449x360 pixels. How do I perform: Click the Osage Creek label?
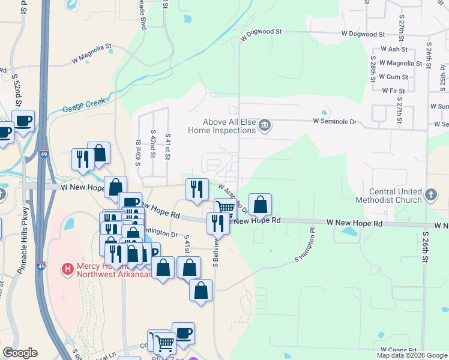(x=84, y=106)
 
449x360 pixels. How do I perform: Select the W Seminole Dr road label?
(x=334, y=121)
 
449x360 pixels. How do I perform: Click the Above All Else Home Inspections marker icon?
(x=265, y=125)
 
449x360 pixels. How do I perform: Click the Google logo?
(x=20, y=353)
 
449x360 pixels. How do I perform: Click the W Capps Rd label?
(x=399, y=349)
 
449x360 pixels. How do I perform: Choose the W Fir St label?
(x=393, y=91)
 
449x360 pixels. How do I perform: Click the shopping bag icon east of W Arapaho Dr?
(x=261, y=204)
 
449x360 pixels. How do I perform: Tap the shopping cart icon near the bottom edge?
(x=164, y=343)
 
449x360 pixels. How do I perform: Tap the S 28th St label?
(x=373, y=70)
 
